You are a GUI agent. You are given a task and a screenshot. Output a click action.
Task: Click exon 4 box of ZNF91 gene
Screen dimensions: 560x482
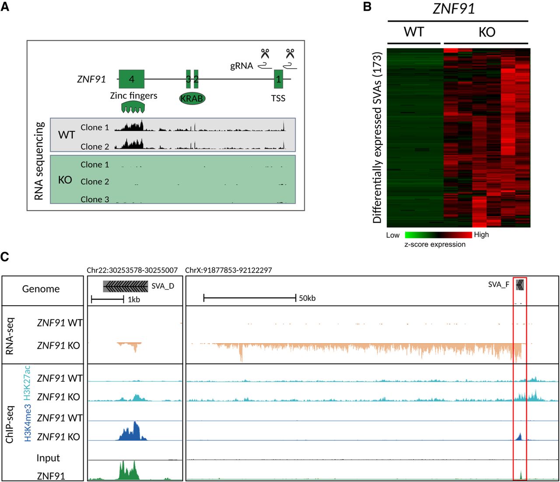pyautogui.click(x=131, y=79)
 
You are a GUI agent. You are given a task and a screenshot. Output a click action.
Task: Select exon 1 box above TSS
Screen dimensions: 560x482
pyautogui.click(x=279, y=79)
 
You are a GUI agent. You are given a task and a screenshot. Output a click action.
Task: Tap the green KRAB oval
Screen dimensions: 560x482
pyautogui.click(x=192, y=99)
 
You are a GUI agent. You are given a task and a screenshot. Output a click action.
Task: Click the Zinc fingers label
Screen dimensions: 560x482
pyautogui.click(x=133, y=96)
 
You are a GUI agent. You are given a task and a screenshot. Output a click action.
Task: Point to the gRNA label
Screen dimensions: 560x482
pyautogui.click(x=241, y=66)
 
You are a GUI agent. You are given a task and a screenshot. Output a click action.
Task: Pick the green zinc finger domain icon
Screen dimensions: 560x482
pyautogui.click(x=133, y=108)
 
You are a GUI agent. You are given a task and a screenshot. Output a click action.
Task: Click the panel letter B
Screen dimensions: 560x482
pyautogui.click(x=367, y=6)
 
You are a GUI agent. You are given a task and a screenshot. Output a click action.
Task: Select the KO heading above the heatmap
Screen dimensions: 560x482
pyautogui.click(x=487, y=32)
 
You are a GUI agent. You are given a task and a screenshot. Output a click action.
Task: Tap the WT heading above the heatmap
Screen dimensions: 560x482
pyautogui.click(x=414, y=32)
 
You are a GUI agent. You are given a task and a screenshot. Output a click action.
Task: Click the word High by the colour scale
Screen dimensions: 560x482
pyautogui.click(x=481, y=235)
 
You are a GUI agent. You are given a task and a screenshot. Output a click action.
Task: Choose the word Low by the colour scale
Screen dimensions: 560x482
pyautogui.click(x=393, y=235)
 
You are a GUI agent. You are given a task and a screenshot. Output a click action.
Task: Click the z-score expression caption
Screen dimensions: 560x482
pyautogui.click(x=435, y=244)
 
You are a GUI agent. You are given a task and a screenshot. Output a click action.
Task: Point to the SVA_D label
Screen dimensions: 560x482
pyautogui.click(x=163, y=286)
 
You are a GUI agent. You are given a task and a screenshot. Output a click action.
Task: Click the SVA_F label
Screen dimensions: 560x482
pyautogui.click(x=498, y=285)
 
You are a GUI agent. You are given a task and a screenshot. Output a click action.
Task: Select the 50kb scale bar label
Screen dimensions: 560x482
pyautogui.click(x=307, y=298)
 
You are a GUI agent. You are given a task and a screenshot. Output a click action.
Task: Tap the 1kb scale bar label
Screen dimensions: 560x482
pyautogui.click(x=134, y=299)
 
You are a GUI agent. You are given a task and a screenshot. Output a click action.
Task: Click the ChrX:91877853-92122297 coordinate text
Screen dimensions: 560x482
pyautogui.click(x=228, y=270)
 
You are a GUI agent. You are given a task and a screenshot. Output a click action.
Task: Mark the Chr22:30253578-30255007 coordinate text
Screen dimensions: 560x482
pyautogui.click(x=132, y=270)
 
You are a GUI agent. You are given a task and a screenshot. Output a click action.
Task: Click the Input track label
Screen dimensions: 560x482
pyautogui.click(x=48, y=458)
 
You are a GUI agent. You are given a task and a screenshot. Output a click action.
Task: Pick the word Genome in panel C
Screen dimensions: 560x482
pyautogui.click(x=41, y=288)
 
